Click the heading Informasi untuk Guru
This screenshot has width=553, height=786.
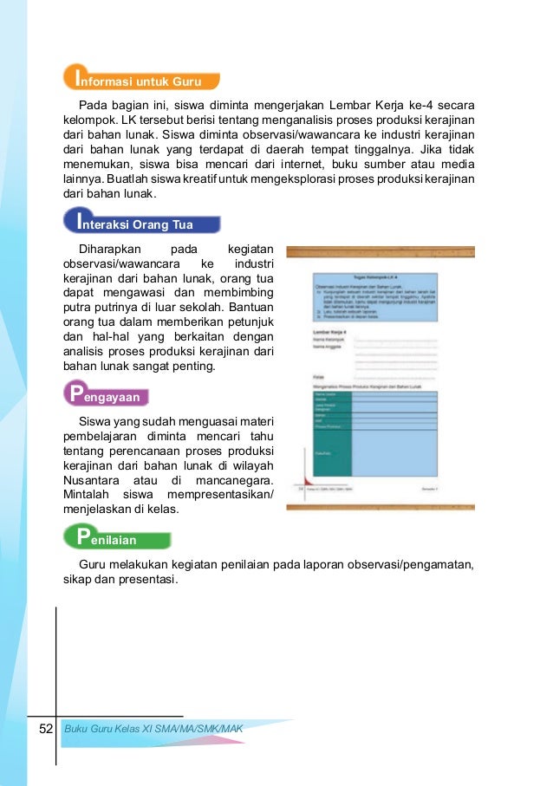pos(141,81)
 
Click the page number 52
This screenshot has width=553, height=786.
pos(45,730)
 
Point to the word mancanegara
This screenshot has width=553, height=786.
pos(235,480)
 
